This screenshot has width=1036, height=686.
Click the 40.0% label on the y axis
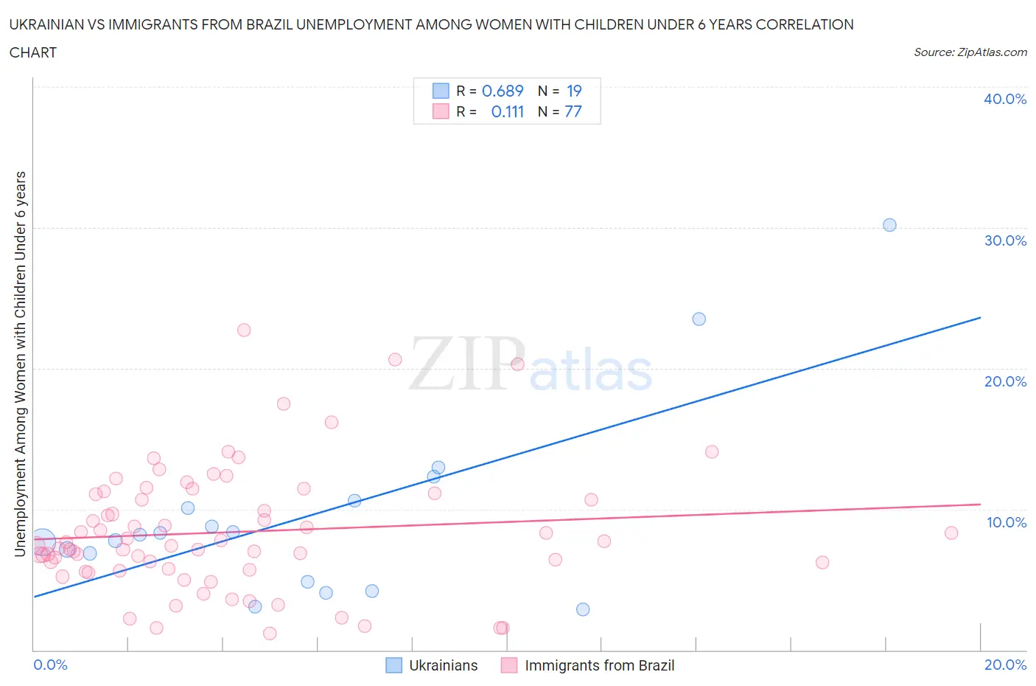tap(1004, 99)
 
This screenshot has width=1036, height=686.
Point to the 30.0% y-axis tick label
tap(1004, 240)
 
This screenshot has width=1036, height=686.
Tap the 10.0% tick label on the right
tap(1006, 522)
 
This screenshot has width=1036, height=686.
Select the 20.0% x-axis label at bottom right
tap(1005, 665)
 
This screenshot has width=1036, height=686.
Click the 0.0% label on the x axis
tap(50, 665)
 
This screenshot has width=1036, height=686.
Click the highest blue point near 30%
tap(889, 225)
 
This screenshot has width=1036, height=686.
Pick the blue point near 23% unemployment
tap(699, 319)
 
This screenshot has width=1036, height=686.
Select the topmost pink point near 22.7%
tap(244, 330)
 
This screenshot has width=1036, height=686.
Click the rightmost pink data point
tap(951, 533)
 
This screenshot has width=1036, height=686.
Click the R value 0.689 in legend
tap(503, 91)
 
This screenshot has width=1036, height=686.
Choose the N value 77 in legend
tap(573, 111)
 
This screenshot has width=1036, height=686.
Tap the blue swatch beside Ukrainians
tap(394, 665)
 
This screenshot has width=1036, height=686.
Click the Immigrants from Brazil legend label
tap(599, 665)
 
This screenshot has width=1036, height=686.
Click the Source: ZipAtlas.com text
tap(970, 52)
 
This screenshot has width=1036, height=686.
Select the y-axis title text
tap(20, 364)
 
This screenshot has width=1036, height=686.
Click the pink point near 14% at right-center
tap(712, 451)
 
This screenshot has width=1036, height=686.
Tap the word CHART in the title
tap(33, 52)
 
